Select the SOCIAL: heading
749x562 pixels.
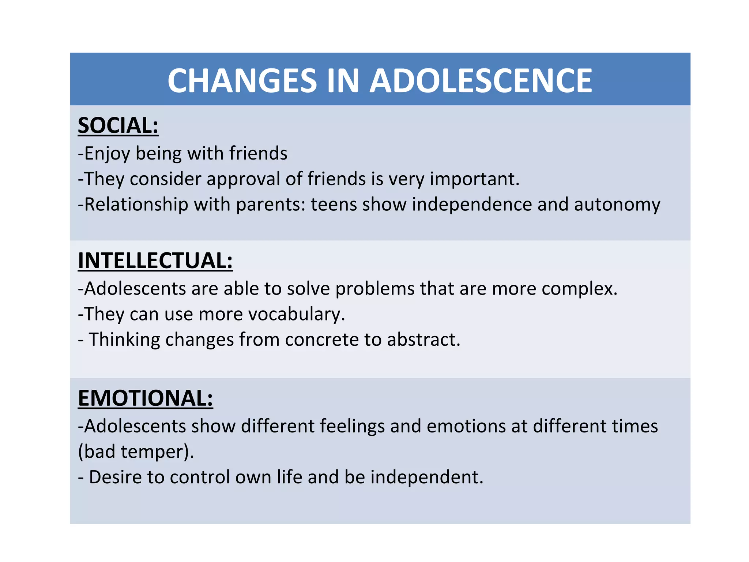click(118, 125)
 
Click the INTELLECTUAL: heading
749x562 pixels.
click(155, 261)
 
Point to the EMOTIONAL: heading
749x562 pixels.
click(146, 398)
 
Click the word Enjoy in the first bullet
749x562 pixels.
click(107, 153)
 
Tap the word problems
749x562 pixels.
click(375, 289)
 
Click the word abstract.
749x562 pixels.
click(424, 340)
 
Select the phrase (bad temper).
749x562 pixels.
click(136, 452)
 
